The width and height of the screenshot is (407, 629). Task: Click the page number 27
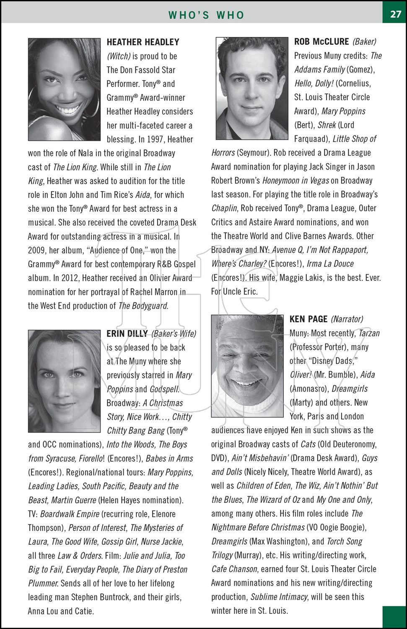pos(395,14)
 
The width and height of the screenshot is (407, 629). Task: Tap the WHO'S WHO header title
pos(206,15)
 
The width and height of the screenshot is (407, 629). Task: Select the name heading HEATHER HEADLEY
pos(143,42)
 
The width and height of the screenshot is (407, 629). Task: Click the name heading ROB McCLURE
pos(321,42)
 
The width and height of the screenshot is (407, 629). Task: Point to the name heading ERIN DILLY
pos(127,333)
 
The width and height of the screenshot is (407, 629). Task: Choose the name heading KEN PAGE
pos(308,319)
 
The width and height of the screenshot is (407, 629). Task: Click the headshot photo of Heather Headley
pos(64,89)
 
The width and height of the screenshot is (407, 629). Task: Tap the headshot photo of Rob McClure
pos(252,88)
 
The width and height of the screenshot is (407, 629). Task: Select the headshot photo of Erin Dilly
pos(64,381)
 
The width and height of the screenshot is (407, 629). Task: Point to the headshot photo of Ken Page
pos(247,366)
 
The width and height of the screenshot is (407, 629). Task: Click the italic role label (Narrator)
pos(347,319)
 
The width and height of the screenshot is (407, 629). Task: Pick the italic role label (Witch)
pos(119,56)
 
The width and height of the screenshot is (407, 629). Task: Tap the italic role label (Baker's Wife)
pos(174,334)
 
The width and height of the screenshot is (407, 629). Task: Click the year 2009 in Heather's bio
pos(36,250)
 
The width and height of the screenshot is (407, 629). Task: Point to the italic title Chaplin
pos(225,208)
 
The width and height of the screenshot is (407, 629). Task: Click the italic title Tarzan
pos(369,333)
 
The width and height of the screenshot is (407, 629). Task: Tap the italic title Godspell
pos(164,389)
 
